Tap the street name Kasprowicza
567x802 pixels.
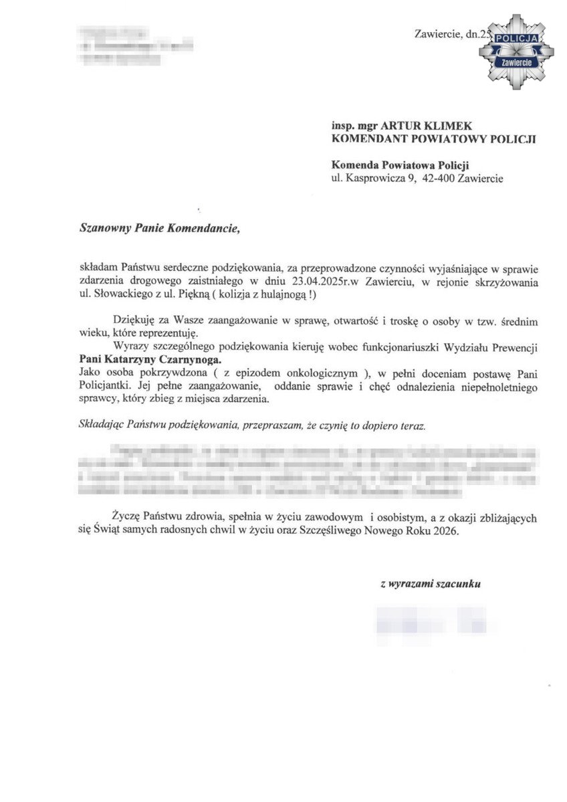[x=376, y=178]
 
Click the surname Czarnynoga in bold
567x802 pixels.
[x=188, y=359]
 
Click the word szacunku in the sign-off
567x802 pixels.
[x=458, y=584]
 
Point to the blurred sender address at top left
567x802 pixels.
[x=134, y=46]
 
